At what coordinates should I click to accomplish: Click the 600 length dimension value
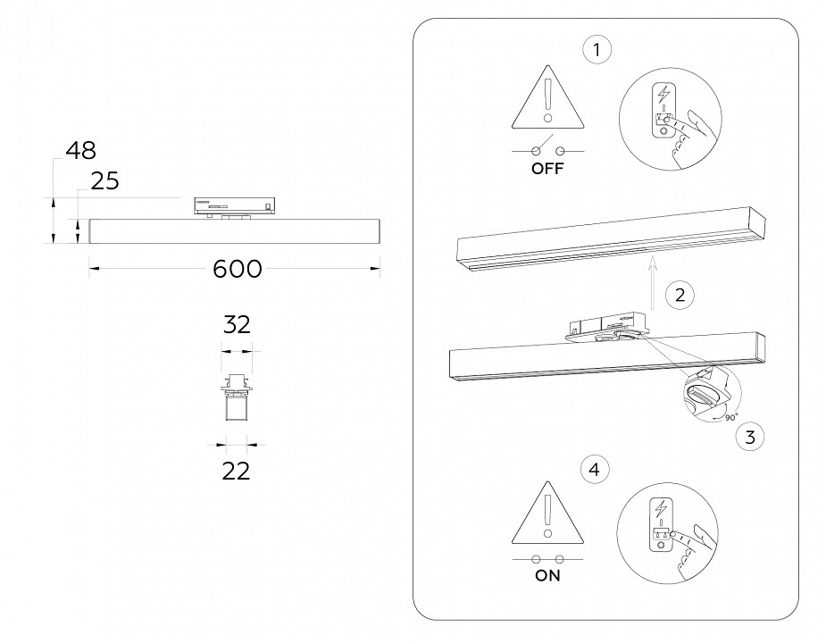[x=238, y=269]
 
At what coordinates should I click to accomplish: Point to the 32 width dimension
[x=237, y=325]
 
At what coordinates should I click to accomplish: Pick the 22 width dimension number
[x=236, y=471]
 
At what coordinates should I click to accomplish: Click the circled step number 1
[x=597, y=50]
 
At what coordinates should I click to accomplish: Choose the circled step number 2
[x=680, y=295]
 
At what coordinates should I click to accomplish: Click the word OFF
[x=548, y=170]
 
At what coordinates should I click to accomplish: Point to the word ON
[x=548, y=576]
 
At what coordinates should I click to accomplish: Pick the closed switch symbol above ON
[x=548, y=558]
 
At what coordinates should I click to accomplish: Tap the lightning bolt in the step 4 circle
[x=661, y=507]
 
